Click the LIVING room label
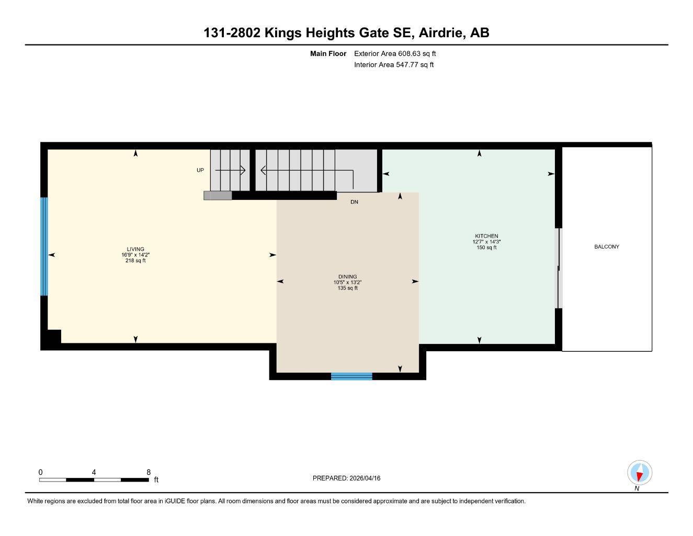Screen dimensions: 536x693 [135, 249]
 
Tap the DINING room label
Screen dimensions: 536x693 [347, 277]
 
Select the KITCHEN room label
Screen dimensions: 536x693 [486, 236]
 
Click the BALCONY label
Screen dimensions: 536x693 [606, 247]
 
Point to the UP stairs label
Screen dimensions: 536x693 [200, 170]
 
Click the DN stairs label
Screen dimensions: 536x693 [354, 202]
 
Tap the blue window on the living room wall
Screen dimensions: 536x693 [44, 246]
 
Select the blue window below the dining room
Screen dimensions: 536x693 [351, 376]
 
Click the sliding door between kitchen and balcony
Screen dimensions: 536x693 [558, 268]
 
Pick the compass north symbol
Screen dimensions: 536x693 [639, 473]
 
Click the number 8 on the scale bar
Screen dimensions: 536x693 [149, 472]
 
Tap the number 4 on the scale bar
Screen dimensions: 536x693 [94, 472]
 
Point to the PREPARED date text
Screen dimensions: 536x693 [346, 478]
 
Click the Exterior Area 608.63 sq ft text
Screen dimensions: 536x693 [395, 53]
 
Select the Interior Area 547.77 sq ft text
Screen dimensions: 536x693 [394, 65]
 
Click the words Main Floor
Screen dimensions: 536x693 [328, 53]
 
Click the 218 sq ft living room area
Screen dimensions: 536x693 [135, 261]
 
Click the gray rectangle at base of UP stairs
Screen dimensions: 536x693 [218, 195]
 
